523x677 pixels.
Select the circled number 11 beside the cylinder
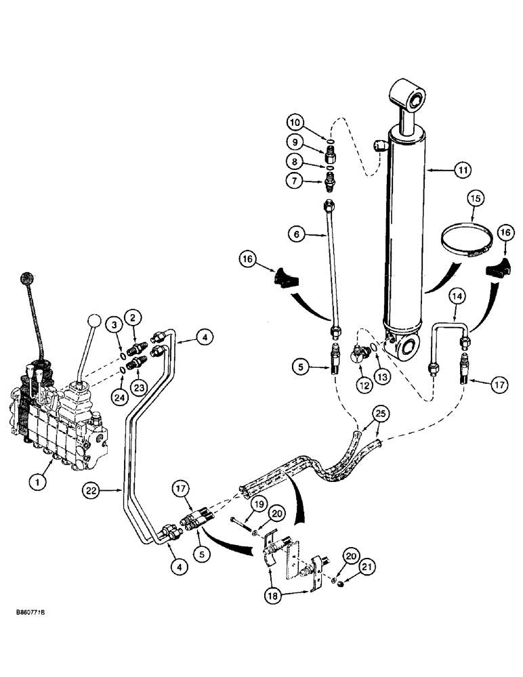tap(461, 171)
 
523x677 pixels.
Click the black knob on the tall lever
tap(28, 278)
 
